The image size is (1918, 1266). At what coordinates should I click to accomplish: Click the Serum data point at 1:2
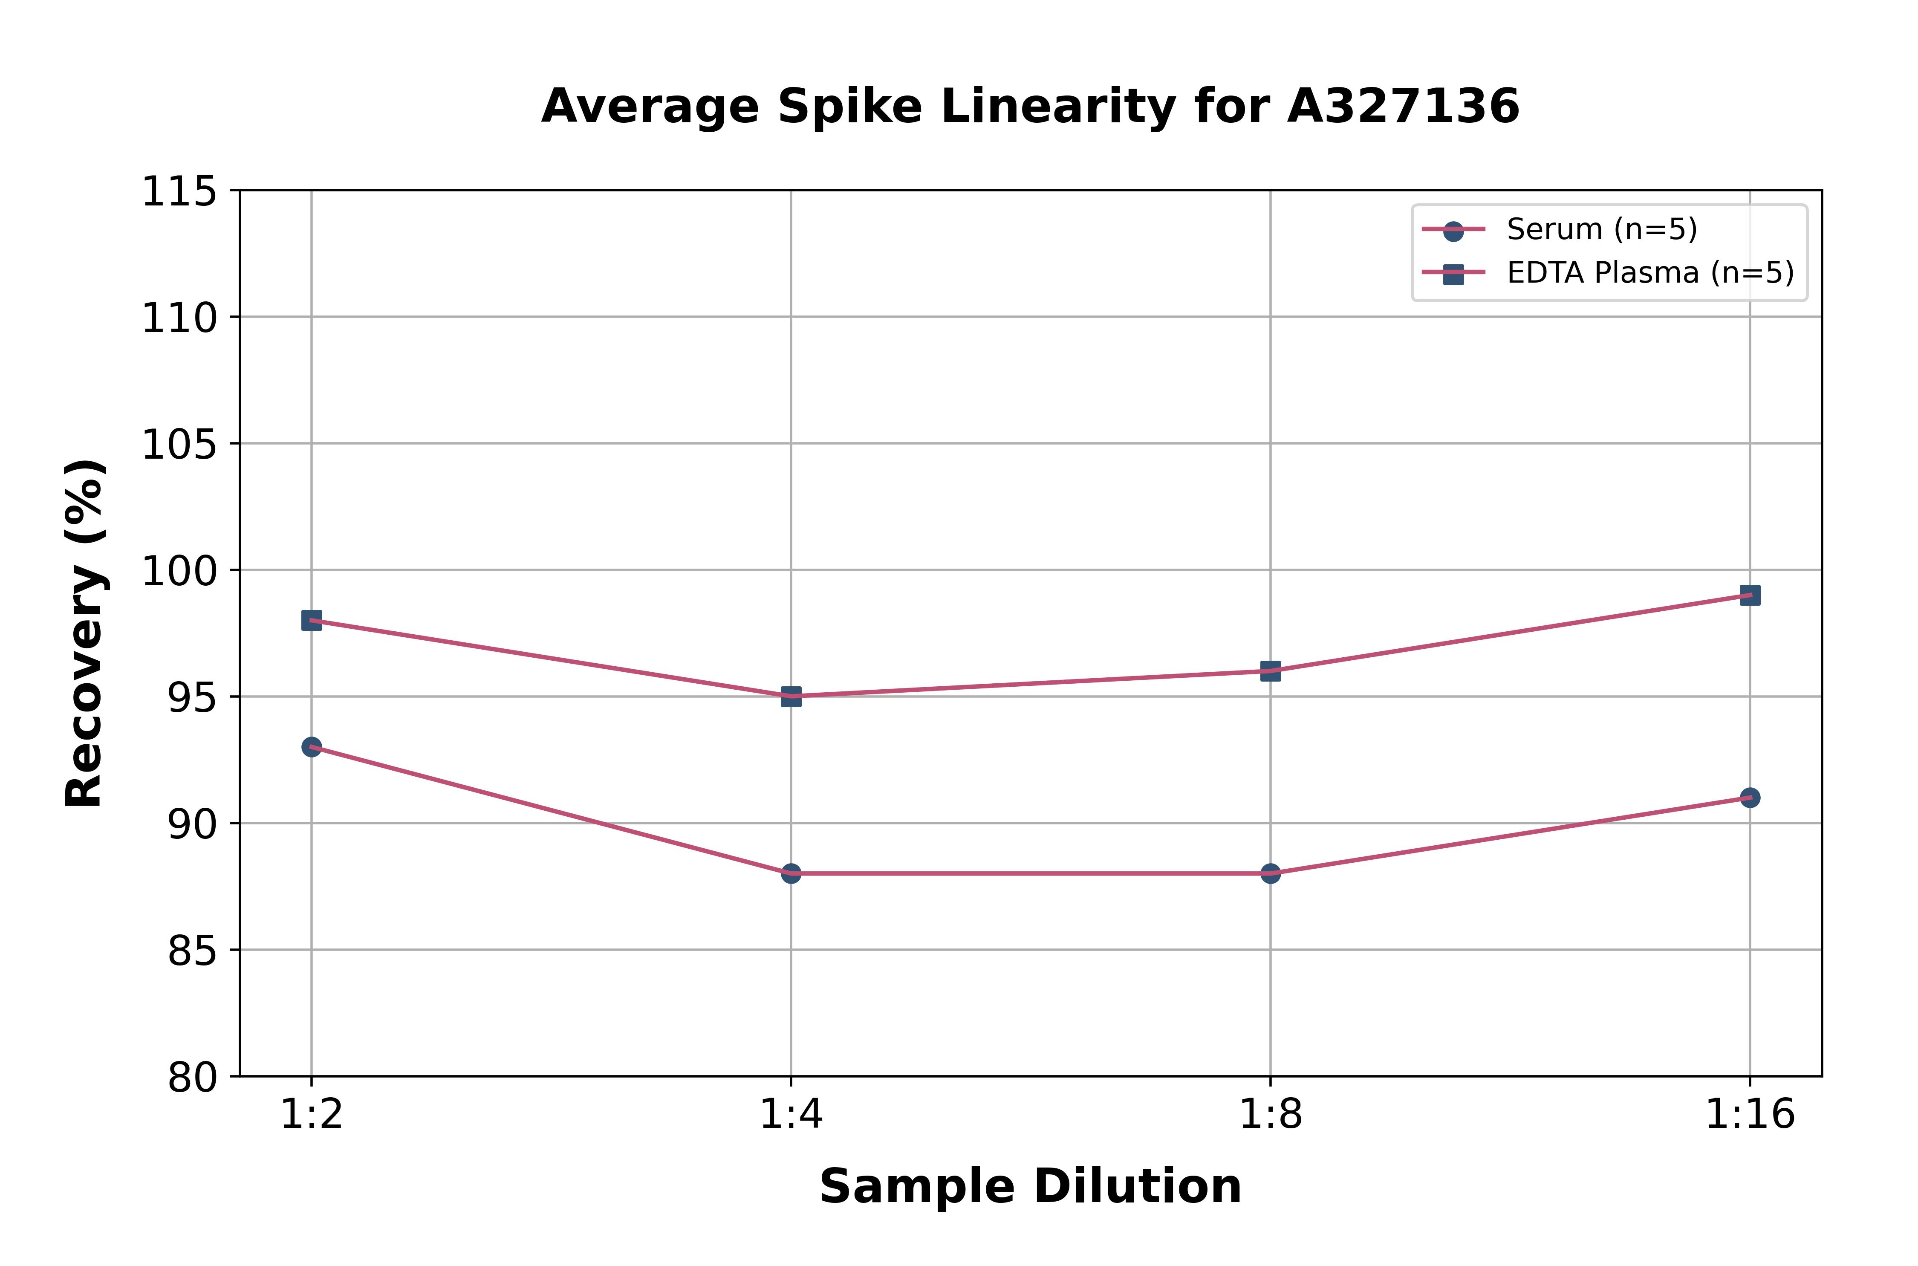[312, 747]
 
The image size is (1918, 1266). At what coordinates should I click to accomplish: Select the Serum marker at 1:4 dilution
[791, 873]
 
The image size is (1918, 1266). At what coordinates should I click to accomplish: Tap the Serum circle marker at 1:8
[1271, 873]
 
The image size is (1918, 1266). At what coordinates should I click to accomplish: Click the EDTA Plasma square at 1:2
[312, 620]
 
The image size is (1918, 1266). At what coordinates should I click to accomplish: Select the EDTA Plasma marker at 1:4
[791, 696]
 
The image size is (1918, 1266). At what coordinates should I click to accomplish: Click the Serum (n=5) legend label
[1602, 229]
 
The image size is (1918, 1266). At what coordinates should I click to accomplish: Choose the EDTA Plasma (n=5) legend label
[1650, 273]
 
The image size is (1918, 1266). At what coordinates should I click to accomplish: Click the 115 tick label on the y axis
[179, 192]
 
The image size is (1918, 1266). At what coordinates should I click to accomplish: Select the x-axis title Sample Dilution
[1030, 1187]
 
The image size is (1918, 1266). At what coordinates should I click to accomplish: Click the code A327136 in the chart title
[1403, 107]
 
